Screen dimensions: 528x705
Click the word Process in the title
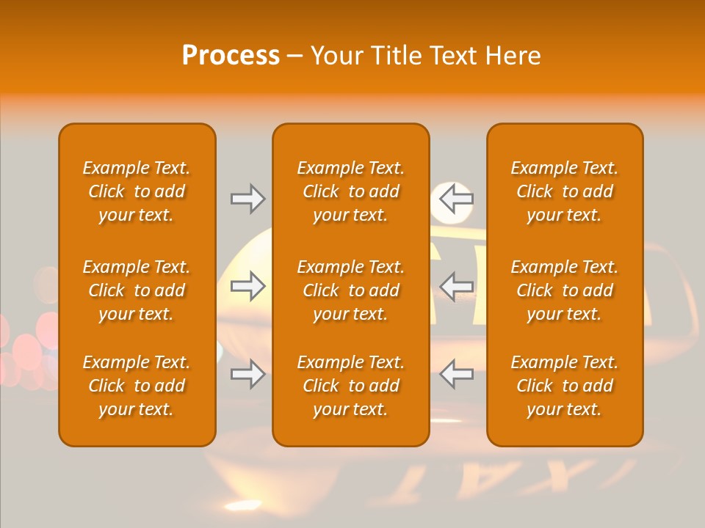tap(231, 56)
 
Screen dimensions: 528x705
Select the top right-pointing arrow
tap(247, 199)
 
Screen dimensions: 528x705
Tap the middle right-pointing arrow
tap(247, 286)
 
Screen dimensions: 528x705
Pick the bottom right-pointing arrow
tap(247, 375)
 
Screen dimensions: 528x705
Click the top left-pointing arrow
tap(457, 199)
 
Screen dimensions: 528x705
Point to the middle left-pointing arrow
tap(457, 286)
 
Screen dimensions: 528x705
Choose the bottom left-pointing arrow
tap(457, 375)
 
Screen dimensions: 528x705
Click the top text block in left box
tap(137, 191)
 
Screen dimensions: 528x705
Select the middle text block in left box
tap(137, 290)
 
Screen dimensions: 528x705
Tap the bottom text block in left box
tap(137, 386)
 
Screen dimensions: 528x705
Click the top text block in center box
tap(351, 191)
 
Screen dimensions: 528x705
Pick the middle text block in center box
tap(351, 290)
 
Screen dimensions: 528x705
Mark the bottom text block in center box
tap(351, 386)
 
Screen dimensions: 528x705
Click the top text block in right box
tap(565, 191)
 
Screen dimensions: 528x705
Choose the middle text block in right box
tap(565, 290)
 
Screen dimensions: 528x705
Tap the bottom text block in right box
tap(565, 386)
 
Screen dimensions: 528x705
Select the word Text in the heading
tap(451, 56)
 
